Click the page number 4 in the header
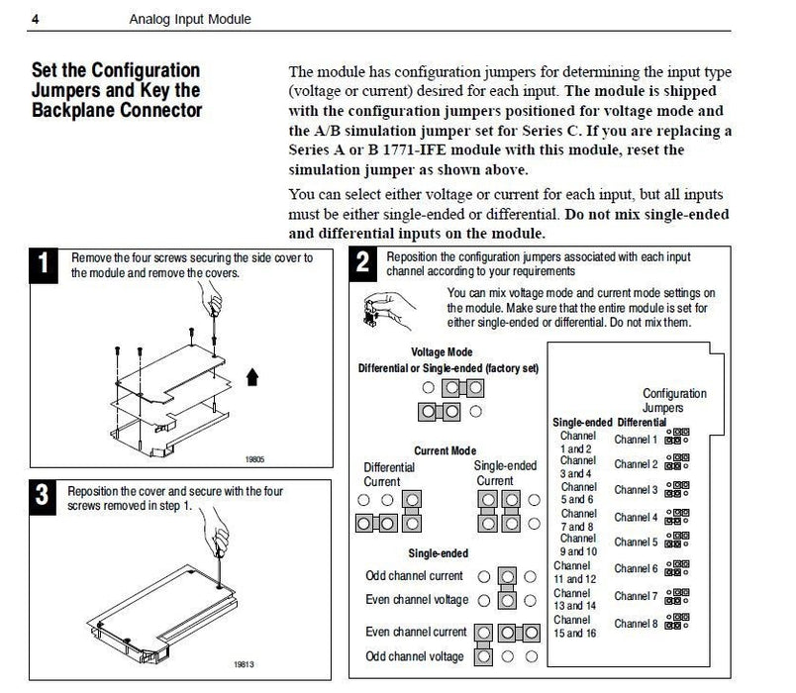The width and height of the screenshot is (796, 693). (x=37, y=19)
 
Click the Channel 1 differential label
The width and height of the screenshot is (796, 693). (x=635, y=439)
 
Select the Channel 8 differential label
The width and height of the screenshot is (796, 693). (x=635, y=624)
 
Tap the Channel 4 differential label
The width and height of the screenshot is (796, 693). (x=635, y=517)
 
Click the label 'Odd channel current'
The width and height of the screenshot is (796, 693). (x=414, y=575)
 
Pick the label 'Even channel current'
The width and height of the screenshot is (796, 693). (x=416, y=632)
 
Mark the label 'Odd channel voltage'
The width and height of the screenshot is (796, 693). (x=414, y=656)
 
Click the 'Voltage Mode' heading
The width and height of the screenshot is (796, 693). (x=442, y=351)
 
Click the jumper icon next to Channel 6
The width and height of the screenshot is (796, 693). (x=677, y=568)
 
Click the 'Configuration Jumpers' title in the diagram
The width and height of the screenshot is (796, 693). (x=674, y=400)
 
